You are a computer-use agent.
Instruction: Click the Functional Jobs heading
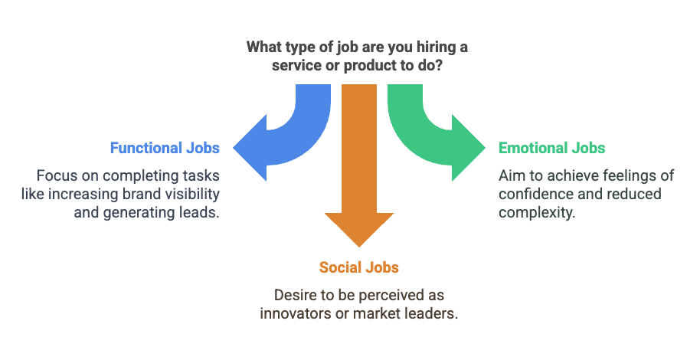click(165, 148)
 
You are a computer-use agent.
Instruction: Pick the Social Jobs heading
click(358, 267)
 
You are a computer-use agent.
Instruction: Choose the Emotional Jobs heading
click(551, 148)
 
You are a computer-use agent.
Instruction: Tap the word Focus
click(56, 175)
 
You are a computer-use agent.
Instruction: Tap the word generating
click(136, 212)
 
